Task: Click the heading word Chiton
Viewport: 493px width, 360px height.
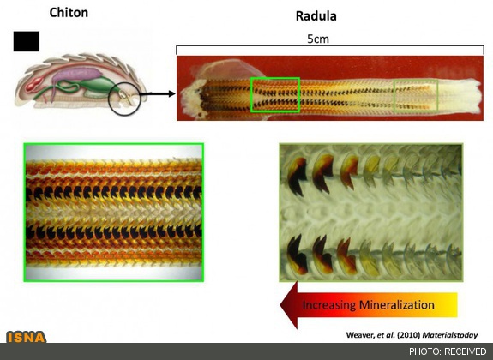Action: (x=69, y=13)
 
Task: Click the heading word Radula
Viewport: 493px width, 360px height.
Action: (x=316, y=16)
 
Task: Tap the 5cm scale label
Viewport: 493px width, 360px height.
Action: (x=318, y=39)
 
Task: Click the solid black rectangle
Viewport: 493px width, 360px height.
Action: (x=27, y=41)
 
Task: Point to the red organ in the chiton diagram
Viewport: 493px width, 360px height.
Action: (x=34, y=84)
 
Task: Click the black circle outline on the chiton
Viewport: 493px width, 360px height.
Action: (x=109, y=99)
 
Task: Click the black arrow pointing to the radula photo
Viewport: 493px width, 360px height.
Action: (x=157, y=93)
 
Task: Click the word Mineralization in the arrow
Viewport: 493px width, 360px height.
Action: (x=397, y=304)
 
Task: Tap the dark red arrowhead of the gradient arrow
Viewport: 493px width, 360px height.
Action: (x=289, y=305)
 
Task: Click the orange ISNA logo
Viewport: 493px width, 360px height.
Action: (x=27, y=337)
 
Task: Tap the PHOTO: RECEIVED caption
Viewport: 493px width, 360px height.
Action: (x=448, y=351)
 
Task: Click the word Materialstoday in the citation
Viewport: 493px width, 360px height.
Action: (x=449, y=335)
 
